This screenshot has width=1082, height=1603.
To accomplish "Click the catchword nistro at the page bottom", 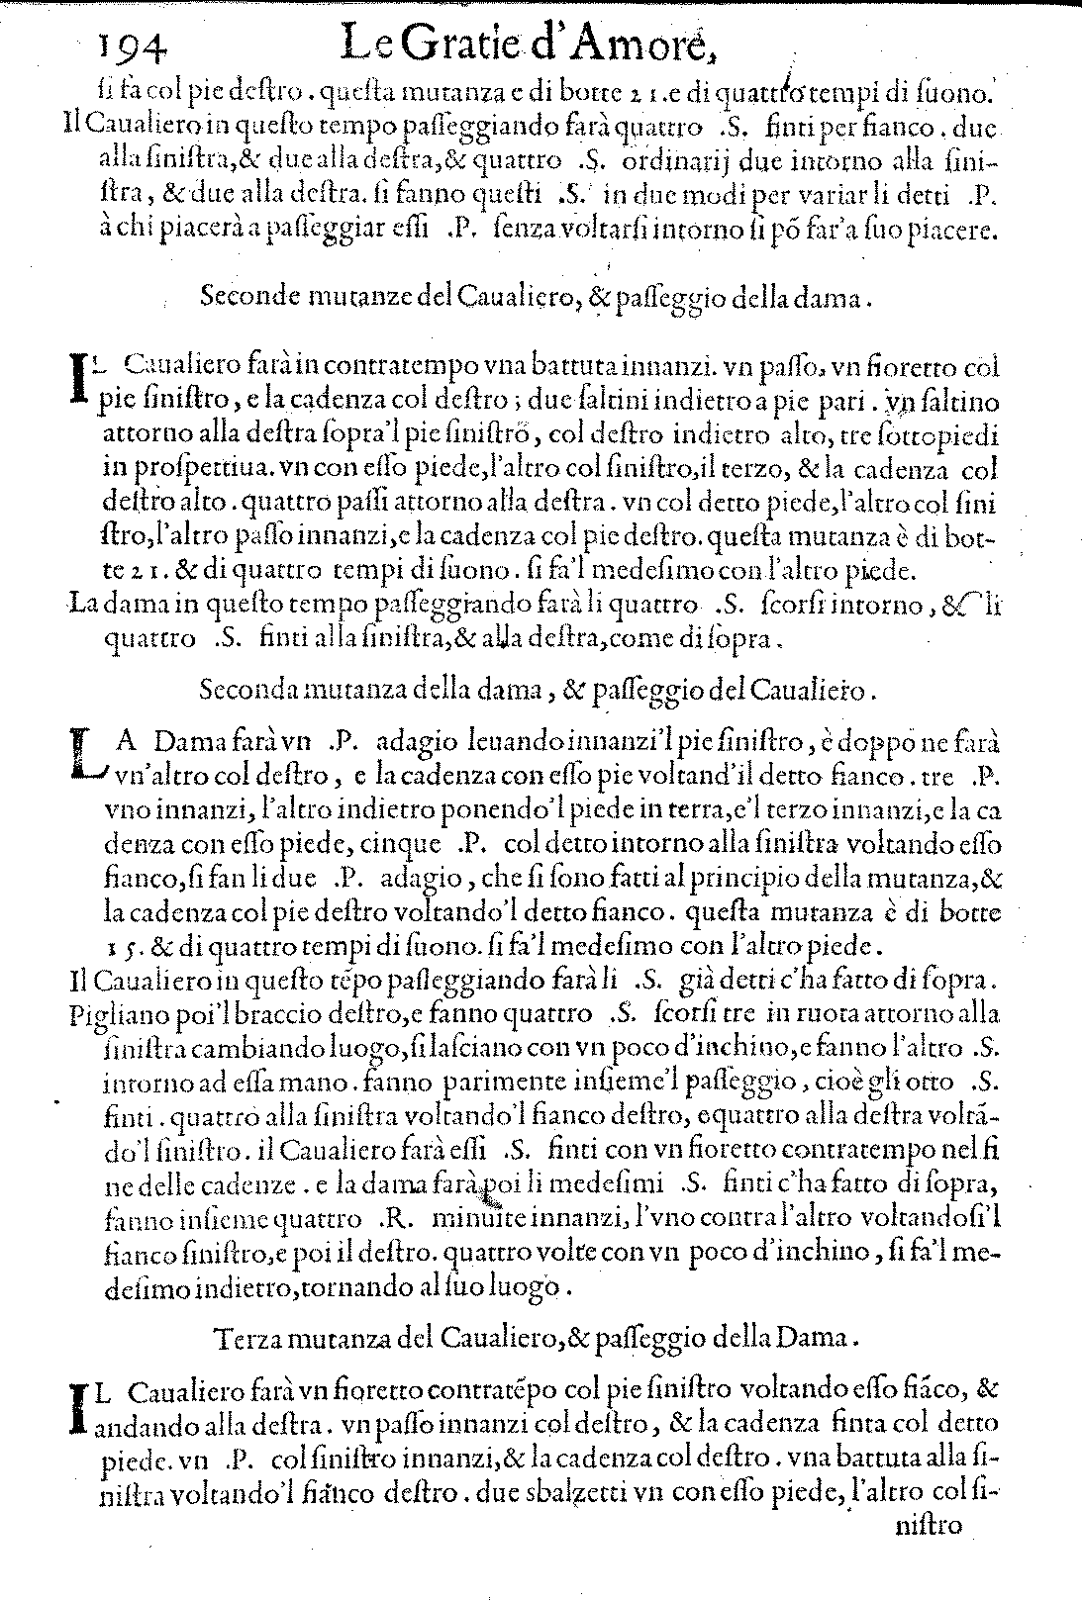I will point(930,1554).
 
